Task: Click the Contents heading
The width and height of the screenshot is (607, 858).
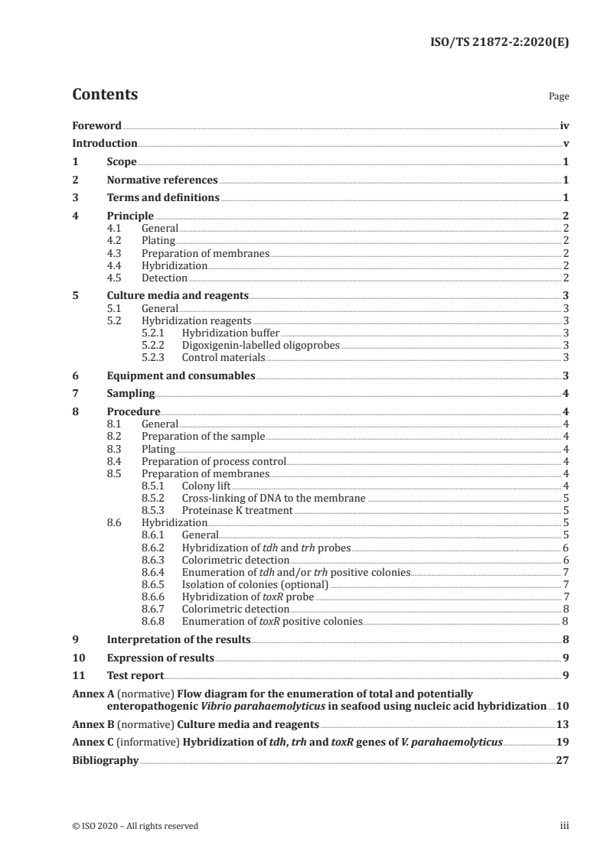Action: [105, 95]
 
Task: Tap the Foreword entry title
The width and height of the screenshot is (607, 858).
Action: [96, 125]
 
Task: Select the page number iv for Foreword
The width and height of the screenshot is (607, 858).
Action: [564, 125]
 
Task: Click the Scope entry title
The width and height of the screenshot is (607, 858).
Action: [122, 161]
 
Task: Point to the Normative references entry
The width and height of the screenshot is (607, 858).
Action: [162, 180]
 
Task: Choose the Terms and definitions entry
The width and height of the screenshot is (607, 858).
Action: [163, 198]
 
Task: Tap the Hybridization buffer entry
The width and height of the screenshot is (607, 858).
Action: [230, 333]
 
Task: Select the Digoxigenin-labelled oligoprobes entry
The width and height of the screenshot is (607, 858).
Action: [260, 345]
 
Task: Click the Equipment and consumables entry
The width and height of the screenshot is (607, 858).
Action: [181, 375]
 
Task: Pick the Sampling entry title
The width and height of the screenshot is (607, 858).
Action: [131, 394]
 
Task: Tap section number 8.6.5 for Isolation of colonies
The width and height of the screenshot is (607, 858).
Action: [156, 583]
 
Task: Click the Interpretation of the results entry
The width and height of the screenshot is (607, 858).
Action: [178, 639]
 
